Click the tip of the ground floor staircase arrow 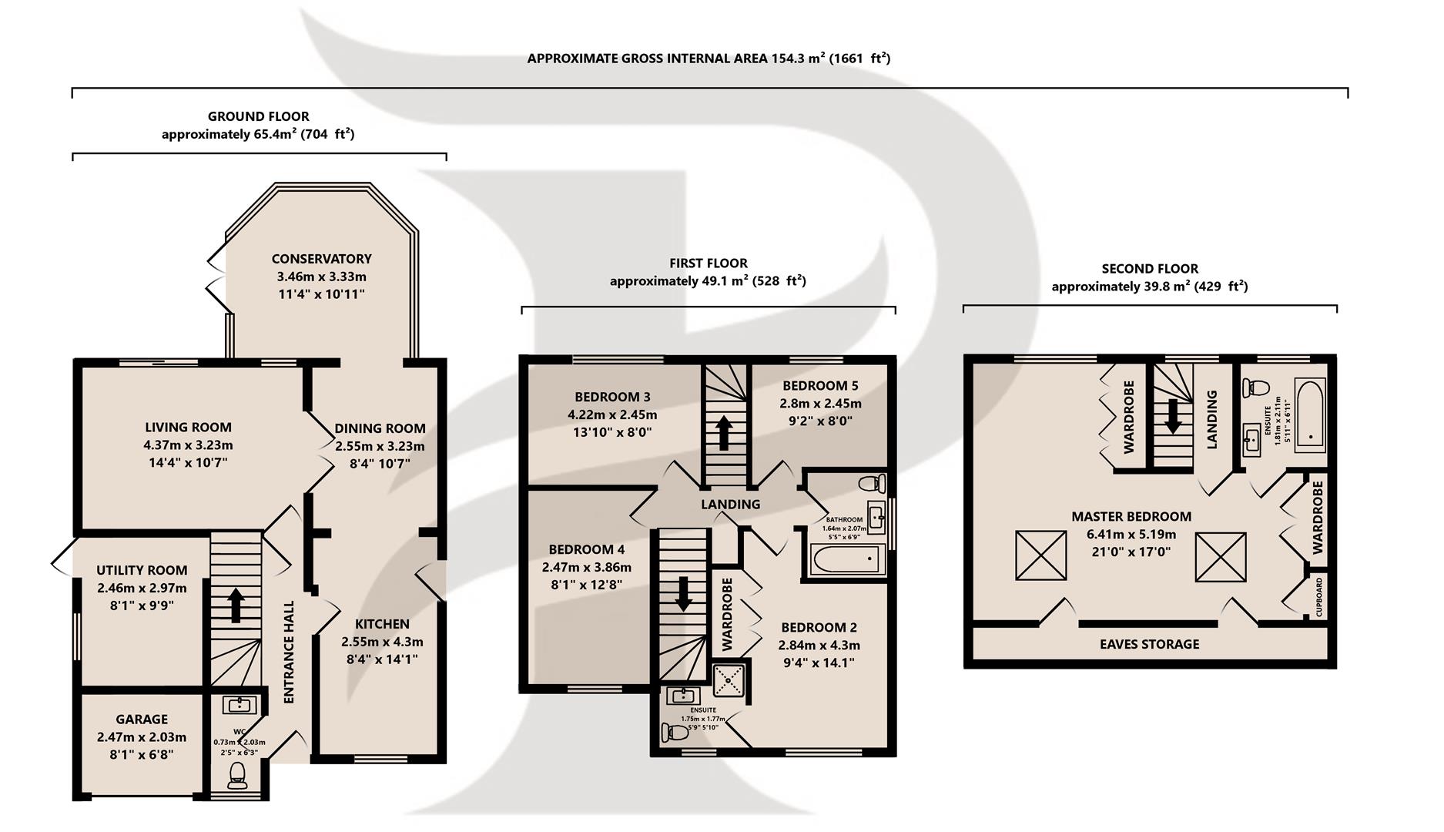point(236,589)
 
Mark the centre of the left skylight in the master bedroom point(1041,555)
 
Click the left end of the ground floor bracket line point(72,157)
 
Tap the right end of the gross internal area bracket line point(1348,92)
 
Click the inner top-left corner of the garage point(82,694)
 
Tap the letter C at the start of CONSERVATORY point(276,259)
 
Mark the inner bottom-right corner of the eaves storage point(1328,659)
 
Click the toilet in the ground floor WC point(237,776)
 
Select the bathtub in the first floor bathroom point(846,558)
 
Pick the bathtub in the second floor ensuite point(1310,414)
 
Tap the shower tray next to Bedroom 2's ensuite point(728,680)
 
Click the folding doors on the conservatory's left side point(216,279)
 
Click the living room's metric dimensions point(188,445)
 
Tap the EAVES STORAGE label point(1149,645)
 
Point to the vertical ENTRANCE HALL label point(290,652)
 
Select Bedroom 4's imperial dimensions point(586,585)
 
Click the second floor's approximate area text point(1150,287)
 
